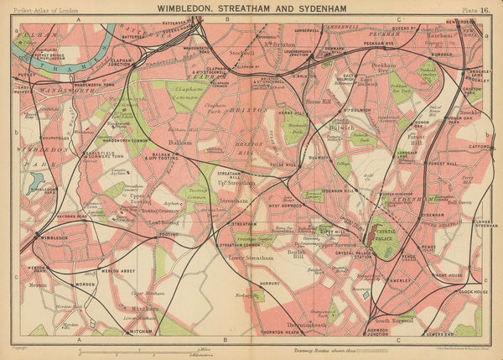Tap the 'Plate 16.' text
click(x=475, y=8)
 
